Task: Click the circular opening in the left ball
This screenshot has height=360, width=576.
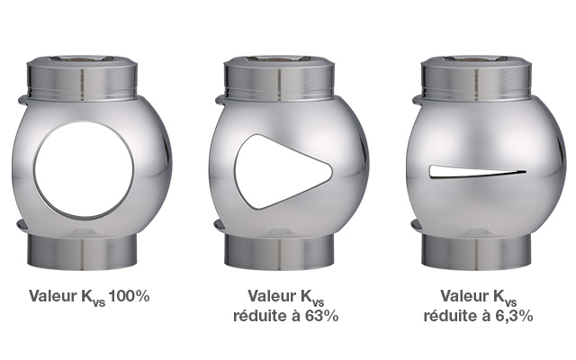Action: coord(84,169)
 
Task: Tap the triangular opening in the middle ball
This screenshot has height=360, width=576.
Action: coord(279,172)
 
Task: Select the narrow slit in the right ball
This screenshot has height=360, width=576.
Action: coord(478,172)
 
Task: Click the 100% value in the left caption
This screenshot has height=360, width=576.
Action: coord(130,296)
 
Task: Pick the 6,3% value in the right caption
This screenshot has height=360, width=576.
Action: coord(511,316)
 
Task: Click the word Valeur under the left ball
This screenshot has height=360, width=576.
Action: coord(53,296)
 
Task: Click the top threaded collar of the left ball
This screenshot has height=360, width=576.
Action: coord(82,78)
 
